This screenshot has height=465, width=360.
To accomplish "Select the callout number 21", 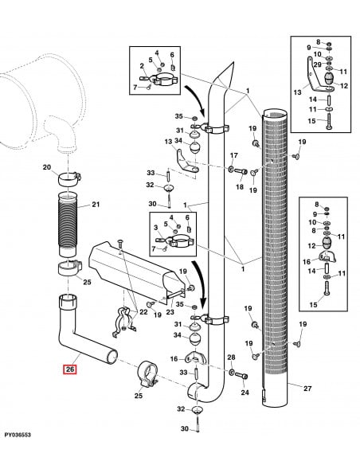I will [96, 205].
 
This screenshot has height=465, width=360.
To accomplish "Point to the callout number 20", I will [46, 167].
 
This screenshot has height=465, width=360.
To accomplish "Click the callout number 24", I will [245, 393].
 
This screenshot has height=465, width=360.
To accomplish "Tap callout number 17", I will [234, 155].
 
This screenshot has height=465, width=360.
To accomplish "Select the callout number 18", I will [238, 186].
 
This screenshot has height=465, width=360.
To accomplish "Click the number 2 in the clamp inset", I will [142, 65].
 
